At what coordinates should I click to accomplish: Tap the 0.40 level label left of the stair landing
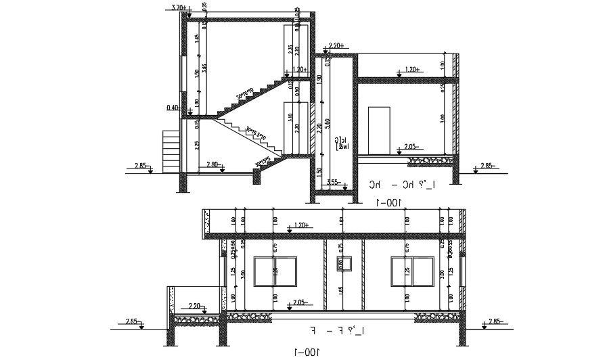click(x=172, y=108)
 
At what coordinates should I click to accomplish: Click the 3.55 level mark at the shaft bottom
click(x=332, y=181)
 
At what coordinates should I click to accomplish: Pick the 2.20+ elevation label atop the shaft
click(x=336, y=46)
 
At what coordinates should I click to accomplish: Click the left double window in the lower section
click(x=275, y=270)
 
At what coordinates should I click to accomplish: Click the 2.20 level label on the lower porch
click(x=196, y=305)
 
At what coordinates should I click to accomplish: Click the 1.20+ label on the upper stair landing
click(x=300, y=69)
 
